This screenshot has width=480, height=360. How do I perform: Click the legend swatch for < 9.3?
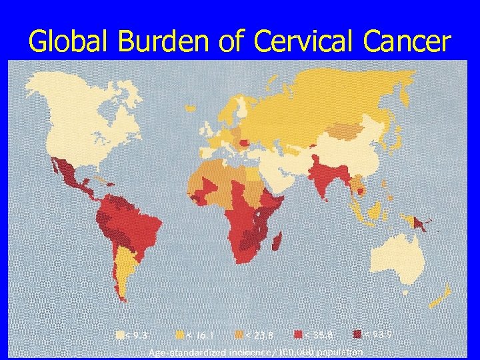119,335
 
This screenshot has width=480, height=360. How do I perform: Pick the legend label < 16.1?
199,335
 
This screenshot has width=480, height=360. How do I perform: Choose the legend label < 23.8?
257,335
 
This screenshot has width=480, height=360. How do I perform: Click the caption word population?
341,351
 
